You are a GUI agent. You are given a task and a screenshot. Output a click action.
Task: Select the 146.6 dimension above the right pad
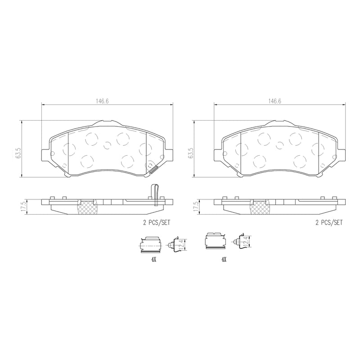[274, 101]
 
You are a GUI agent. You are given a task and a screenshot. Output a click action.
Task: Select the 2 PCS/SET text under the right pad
[329, 222]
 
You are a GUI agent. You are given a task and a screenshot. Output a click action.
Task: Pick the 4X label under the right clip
[224, 260]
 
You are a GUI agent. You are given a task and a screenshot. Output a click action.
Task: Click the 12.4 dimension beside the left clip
[181, 245]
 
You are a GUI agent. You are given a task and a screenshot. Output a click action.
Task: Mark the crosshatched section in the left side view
[86, 208]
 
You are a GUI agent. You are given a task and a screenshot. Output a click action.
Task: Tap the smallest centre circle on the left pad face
[107, 145]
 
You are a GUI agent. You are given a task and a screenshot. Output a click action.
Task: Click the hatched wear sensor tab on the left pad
[153, 170]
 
